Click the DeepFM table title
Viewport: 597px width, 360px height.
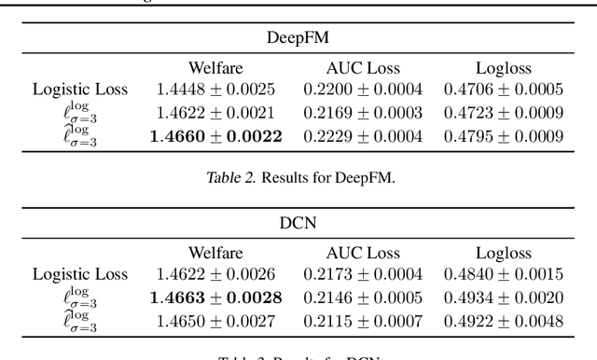[x=298, y=38]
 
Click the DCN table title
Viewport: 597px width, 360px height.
[x=298, y=224]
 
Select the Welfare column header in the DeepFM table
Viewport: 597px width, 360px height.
[x=216, y=67]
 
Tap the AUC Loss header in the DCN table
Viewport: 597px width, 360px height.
[x=362, y=253]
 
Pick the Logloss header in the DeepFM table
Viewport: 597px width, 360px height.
[x=504, y=67]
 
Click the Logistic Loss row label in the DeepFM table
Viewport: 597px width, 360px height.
[x=79, y=90]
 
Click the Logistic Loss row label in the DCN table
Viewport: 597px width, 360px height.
[x=79, y=275]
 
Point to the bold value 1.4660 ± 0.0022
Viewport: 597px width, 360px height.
[x=216, y=136]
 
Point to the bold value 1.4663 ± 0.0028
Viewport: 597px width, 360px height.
[x=216, y=298]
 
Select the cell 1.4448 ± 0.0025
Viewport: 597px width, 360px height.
[x=216, y=90]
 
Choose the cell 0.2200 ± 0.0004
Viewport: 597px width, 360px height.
[x=362, y=90]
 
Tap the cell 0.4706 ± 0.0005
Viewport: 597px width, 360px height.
[x=504, y=90]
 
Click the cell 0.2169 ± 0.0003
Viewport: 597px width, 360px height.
[x=362, y=113]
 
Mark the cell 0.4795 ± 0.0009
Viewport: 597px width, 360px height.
[x=504, y=136]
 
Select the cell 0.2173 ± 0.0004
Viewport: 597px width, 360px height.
[x=362, y=275]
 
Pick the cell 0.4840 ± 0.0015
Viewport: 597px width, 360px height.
[x=504, y=275]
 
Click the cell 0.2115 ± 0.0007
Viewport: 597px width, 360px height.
[x=362, y=322]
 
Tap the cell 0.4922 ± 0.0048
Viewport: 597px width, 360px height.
[x=504, y=322]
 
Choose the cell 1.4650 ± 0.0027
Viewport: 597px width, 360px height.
[x=216, y=322]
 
